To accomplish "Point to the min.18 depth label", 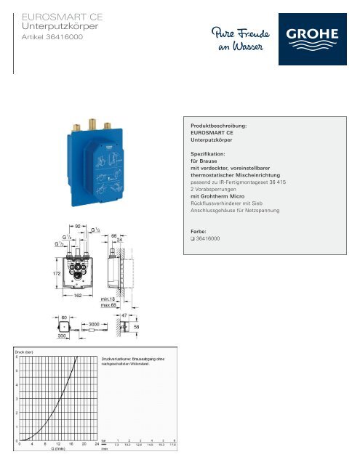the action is [x=109, y=298].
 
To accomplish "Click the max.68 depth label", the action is [x=109, y=304].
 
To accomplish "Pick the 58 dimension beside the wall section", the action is [x=135, y=328].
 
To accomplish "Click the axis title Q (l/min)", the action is [x=60, y=449].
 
